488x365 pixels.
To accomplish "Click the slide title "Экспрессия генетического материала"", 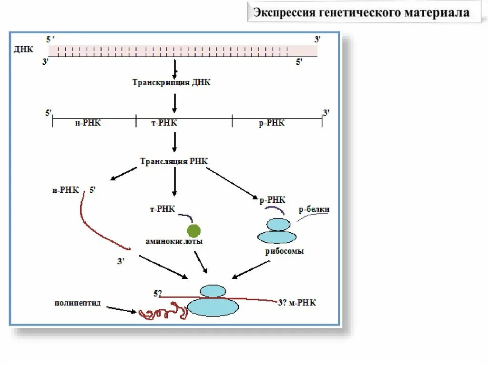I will [361, 12].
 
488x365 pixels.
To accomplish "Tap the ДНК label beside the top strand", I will [23, 49].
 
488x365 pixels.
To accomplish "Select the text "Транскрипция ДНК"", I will [171, 82].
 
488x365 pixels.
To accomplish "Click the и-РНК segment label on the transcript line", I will [88, 123].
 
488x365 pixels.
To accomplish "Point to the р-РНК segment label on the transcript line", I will [272, 123].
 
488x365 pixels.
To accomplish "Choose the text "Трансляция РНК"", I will [173, 161].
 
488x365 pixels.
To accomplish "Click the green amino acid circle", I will [193, 230].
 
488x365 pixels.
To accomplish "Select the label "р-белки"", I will [314, 209].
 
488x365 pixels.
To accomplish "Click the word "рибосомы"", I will [285, 251].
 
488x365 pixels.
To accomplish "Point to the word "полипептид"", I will [77, 303].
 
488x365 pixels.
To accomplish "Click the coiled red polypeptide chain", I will [162, 313].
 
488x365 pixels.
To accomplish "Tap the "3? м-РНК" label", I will [297, 303].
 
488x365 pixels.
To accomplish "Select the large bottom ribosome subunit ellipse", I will [213, 307].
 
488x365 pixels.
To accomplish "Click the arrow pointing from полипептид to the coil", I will [122, 309].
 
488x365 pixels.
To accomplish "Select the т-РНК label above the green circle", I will [162, 209].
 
